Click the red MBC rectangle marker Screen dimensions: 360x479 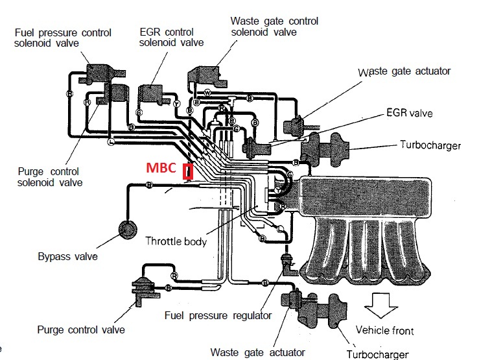[x=188, y=172]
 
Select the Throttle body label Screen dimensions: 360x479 [x=176, y=241]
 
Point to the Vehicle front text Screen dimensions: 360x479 [x=384, y=331]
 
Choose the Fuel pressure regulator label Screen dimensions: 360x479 [x=218, y=316]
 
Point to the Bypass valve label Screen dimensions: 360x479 [x=67, y=256]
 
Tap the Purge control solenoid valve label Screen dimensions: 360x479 [x=49, y=177]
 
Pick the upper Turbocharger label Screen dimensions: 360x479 [x=430, y=145]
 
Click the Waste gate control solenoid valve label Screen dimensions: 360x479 [x=274, y=27]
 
